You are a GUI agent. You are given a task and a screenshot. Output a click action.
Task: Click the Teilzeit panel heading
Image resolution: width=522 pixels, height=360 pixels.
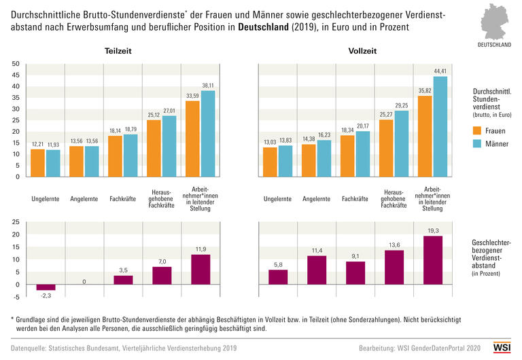(x=118, y=52)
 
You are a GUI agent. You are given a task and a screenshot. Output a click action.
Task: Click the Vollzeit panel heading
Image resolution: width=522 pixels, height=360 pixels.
(x=362, y=52)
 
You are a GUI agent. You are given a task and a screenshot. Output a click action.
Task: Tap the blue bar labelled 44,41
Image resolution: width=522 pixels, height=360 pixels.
(x=440, y=126)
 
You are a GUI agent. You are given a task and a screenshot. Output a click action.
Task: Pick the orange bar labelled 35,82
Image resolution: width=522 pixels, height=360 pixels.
(x=425, y=136)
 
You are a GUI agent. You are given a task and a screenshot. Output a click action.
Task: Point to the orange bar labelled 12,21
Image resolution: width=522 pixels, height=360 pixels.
(x=37, y=163)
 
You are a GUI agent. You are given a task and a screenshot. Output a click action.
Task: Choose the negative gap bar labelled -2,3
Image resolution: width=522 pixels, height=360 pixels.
(x=46, y=287)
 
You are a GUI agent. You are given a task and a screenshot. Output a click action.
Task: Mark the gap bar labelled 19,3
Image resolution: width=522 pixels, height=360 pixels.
(x=433, y=260)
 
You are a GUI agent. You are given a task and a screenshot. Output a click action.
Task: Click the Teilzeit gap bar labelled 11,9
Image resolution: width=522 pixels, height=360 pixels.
(x=201, y=269)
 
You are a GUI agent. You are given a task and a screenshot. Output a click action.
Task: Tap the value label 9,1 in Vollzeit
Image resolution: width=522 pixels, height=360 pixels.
(x=355, y=256)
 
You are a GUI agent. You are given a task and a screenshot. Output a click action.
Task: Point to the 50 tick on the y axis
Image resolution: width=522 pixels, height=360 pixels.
(x=16, y=64)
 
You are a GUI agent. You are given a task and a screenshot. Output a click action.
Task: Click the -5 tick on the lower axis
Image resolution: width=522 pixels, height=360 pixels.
(x=16, y=296)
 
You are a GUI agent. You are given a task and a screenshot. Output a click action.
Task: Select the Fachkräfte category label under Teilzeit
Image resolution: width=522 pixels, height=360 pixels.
(x=123, y=200)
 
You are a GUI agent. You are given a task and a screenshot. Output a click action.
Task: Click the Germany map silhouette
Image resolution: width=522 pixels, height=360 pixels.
(x=495, y=22)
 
